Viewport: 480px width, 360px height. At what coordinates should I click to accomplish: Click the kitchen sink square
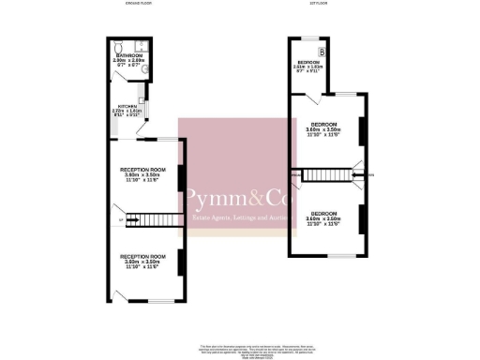[x=141, y=100]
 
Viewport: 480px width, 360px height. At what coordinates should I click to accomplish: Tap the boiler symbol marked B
[x=322, y=52]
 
